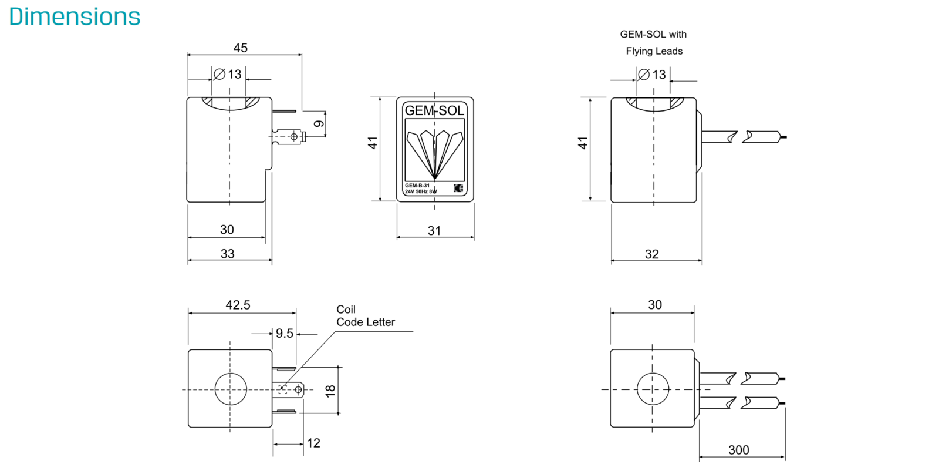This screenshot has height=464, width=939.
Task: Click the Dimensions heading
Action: pos(75,17)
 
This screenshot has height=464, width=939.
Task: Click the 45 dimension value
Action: pos(241,48)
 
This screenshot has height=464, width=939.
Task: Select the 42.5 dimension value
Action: pos(238,305)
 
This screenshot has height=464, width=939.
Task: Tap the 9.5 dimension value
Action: pos(285,334)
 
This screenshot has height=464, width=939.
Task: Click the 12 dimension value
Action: pos(313,443)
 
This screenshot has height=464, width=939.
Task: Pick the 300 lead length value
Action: pos(739,450)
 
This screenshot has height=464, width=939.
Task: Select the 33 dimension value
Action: pos(227,254)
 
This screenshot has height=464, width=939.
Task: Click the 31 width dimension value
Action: pos(434,231)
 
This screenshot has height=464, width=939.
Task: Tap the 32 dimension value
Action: pos(652,254)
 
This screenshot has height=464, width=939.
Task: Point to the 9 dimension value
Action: pos(319,124)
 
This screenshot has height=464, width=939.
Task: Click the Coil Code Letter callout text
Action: pos(366,316)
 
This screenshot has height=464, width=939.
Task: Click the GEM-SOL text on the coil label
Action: pos(434,110)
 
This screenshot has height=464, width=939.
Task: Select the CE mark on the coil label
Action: pos(458,189)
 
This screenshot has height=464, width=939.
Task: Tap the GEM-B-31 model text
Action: pos(417,186)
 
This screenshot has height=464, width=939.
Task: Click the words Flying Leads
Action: pos(654,51)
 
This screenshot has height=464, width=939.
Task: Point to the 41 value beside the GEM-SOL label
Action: pos(373,143)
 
